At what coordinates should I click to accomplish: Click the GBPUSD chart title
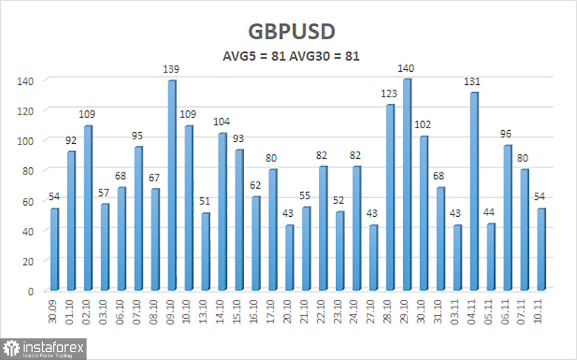click(x=291, y=31)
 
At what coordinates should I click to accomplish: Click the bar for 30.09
click(x=54, y=249)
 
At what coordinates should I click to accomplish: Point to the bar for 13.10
click(x=205, y=252)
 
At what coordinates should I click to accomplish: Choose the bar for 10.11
click(x=541, y=249)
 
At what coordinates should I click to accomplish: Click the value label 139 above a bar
click(x=172, y=70)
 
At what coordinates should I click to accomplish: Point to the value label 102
click(x=424, y=125)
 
